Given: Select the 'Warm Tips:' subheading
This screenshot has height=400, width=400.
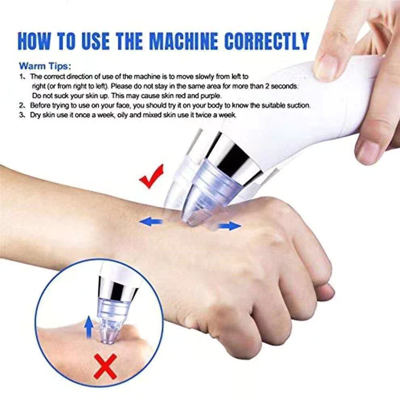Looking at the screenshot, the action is coord(45,66).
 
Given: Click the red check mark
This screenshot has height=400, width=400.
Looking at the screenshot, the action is coord(152,177).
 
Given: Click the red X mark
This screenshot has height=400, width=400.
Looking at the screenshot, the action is coord(105,366).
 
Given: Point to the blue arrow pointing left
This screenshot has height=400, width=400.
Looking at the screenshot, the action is coord(151,222).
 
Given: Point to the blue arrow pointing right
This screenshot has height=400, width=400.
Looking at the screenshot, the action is coord(230,225).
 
